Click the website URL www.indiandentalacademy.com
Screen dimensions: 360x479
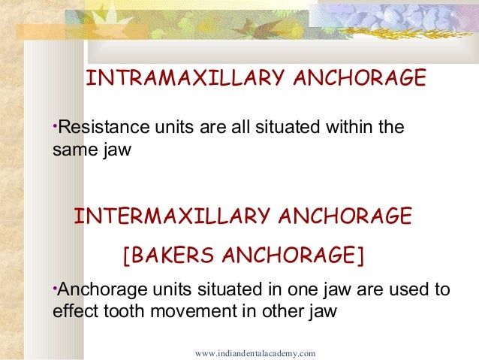tap(255, 352)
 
